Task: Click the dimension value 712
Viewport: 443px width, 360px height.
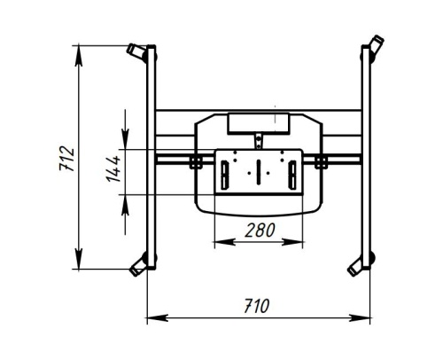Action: tap(71, 156)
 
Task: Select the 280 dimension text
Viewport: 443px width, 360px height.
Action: tap(260, 230)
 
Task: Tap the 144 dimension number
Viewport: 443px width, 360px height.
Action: tap(113, 168)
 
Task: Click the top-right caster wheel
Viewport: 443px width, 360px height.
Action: tap(375, 46)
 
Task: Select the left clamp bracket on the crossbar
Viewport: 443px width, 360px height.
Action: tap(193, 160)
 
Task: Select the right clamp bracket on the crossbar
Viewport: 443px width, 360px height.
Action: tap(321, 160)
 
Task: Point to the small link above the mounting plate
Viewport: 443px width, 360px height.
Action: tap(258, 139)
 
